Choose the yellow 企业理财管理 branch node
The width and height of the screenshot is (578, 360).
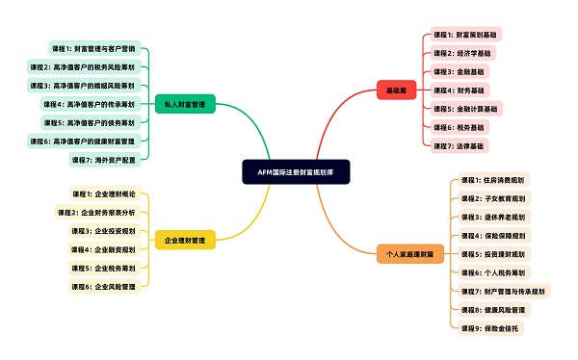(187, 239)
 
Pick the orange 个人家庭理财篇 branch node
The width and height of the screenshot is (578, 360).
(410, 253)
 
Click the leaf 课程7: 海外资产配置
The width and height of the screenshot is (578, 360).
(104, 159)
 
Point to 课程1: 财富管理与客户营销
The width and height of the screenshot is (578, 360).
(93, 47)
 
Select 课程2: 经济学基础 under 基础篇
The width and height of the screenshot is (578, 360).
(462, 53)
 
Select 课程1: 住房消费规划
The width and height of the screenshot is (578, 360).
(493, 180)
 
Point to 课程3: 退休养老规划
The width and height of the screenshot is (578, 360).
(493, 217)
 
